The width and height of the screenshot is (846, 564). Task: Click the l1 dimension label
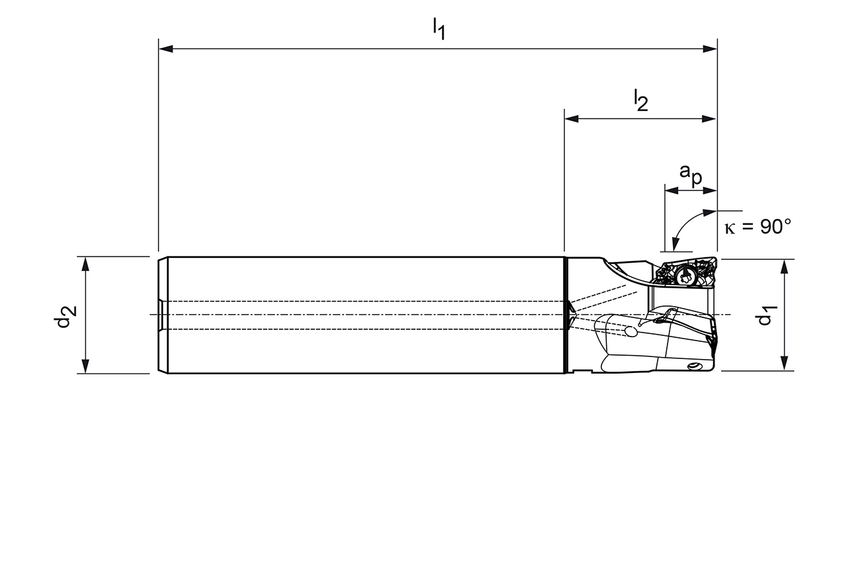pyautogui.click(x=439, y=29)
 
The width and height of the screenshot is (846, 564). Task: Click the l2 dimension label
pyautogui.click(x=641, y=100)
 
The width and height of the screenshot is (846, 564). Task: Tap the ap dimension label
pyautogui.click(x=691, y=175)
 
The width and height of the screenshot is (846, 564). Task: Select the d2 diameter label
pyautogui.click(x=65, y=317)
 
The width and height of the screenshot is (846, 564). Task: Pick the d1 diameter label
pyautogui.click(x=765, y=315)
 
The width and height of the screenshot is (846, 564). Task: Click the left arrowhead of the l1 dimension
pyautogui.click(x=166, y=49)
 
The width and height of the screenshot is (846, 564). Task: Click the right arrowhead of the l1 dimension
pyautogui.click(x=710, y=49)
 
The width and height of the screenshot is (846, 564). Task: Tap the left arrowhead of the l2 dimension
pyautogui.click(x=572, y=119)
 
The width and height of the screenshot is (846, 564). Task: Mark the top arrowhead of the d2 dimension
pyautogui.click(x=86, y=264)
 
